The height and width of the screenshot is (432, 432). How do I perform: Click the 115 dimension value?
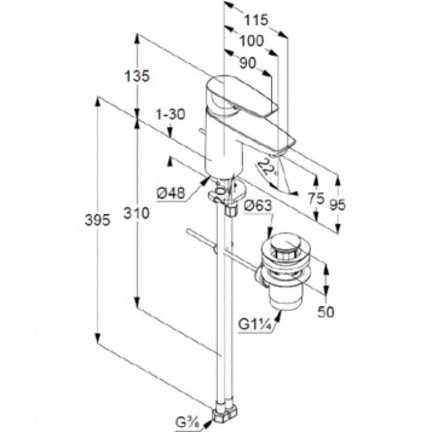(255, 20)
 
